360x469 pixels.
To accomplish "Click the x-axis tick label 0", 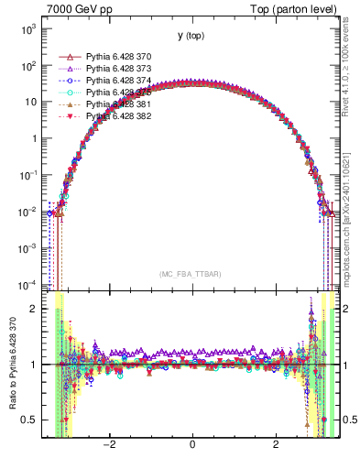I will pos(192,445).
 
